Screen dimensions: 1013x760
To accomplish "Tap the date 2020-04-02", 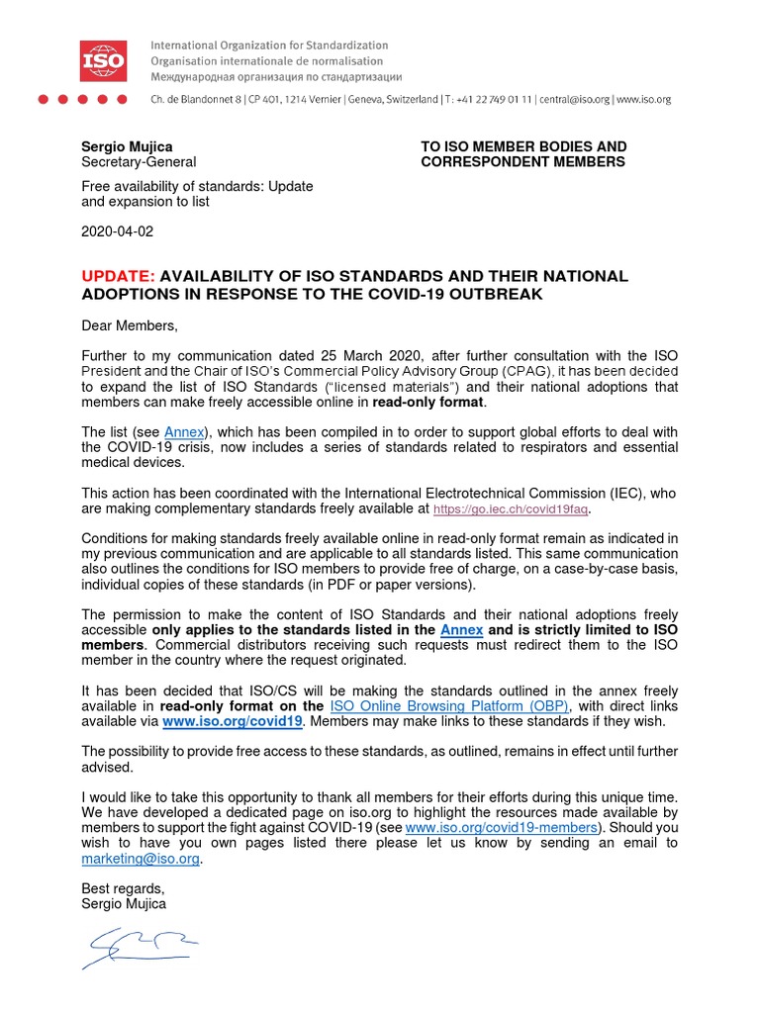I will pos(118,231).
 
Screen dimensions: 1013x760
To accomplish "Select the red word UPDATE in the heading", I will pos(118,276).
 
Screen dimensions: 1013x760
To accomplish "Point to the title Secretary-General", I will pos(139,162).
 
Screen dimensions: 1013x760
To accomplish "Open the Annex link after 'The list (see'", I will pos(183,432).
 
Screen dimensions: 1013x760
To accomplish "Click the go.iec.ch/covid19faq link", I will pos(512,509).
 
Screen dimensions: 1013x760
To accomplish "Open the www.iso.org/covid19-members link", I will pos(502,827).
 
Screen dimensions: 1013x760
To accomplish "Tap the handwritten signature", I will pos(139,948).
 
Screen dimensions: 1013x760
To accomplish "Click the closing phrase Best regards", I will pos(123,888).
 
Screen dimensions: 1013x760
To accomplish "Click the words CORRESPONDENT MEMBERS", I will pos(522,162).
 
